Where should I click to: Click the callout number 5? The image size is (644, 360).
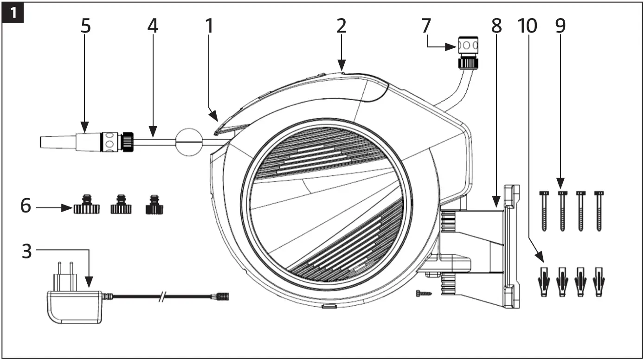tap(85, 27)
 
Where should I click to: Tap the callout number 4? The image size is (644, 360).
tap(153, 27)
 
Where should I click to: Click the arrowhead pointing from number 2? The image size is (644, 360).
tap(341, 68)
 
